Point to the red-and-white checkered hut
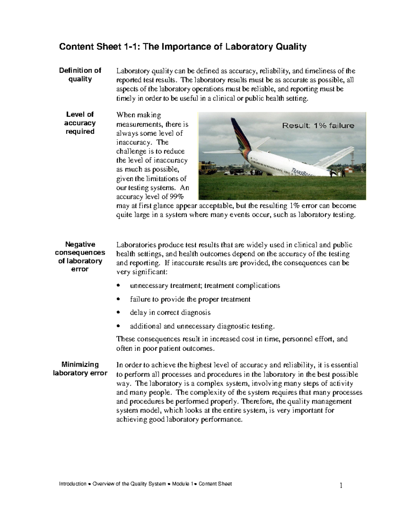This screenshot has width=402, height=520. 350,171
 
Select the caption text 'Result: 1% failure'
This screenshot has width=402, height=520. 318,126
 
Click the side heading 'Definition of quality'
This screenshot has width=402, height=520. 80,75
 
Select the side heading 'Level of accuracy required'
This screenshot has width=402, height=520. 80,123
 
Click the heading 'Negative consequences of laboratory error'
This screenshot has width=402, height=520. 80,256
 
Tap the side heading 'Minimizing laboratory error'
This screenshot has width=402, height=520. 80,369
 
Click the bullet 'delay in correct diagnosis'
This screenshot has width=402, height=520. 170,312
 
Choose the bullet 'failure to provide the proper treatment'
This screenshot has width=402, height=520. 190,299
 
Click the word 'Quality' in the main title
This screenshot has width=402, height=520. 291,47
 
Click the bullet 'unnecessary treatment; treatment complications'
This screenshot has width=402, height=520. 205,286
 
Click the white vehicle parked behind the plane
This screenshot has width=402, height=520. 231,173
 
